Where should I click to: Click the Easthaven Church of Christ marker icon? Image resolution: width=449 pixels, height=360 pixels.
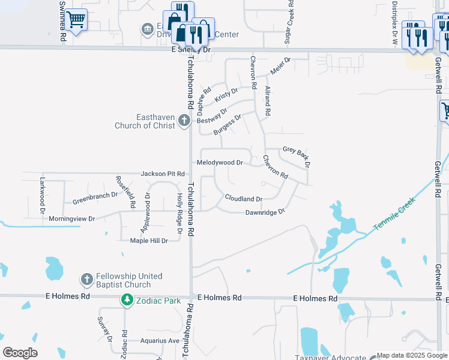(x=184, y=121)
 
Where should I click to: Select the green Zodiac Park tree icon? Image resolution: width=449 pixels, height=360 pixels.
(x=127, y=299)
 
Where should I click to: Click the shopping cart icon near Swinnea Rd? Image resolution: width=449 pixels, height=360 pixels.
(x=76, y=21)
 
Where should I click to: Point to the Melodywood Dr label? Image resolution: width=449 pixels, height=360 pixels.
(x=220, y=163)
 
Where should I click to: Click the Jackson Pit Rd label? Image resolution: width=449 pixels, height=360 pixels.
(x=162, y=174)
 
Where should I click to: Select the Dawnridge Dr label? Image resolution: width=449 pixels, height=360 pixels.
(x=264, y=212)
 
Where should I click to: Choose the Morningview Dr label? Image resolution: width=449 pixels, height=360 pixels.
(x=72, y=219)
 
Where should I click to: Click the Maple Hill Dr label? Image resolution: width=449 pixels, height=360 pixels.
(x=149, y=241)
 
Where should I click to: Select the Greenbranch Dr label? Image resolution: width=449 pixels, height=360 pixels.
(x=95, y=197)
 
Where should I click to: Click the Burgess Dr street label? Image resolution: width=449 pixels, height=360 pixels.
(x=228, y=125)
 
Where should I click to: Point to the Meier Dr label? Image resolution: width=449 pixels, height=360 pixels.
(x=280, y=66)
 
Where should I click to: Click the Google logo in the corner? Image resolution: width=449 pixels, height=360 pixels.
(x=20, y=353)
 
